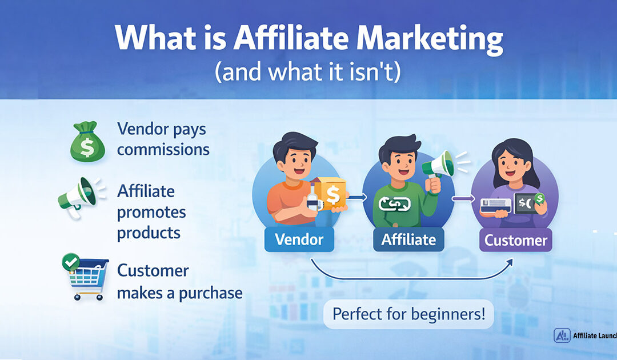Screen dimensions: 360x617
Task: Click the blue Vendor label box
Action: point(299,240)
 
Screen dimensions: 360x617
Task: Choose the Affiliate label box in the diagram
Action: point(408,240)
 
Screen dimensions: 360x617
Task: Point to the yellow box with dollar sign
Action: point(331,194)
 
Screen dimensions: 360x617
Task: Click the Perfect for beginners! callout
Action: point(408,314)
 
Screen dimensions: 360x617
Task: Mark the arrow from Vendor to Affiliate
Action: point(356,197)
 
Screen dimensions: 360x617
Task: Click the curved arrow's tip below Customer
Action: point(510,260)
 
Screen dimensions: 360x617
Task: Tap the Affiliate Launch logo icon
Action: point(562,335)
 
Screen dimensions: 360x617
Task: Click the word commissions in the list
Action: point(163,150)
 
